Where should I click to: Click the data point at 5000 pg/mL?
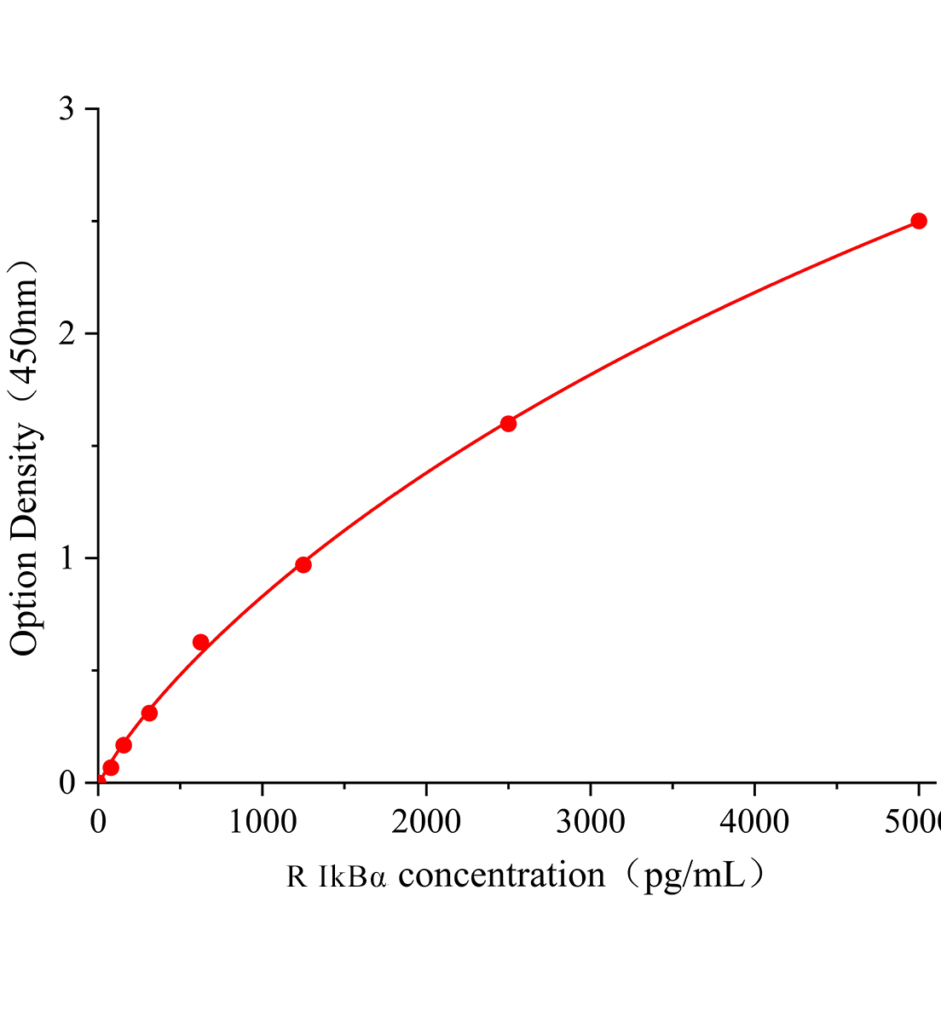point(918,221)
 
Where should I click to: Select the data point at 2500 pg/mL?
point(508,424)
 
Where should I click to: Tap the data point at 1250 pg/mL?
point(303,564)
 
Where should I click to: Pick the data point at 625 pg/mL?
point(200,642)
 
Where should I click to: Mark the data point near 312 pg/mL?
point(149,713)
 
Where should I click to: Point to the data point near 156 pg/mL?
point(124,745)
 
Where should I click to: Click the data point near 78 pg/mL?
point(111,767)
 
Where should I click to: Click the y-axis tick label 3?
point(66,109)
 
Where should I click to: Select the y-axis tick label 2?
point(66,333)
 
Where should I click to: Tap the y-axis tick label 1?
point(66,558)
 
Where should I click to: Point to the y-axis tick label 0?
point(66,783)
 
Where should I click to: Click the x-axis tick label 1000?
point(262,822)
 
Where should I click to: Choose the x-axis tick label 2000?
point(426,822)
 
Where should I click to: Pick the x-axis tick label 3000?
point(590,822)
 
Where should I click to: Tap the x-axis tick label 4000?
point(754,822)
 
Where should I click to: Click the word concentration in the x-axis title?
point(502,876)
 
